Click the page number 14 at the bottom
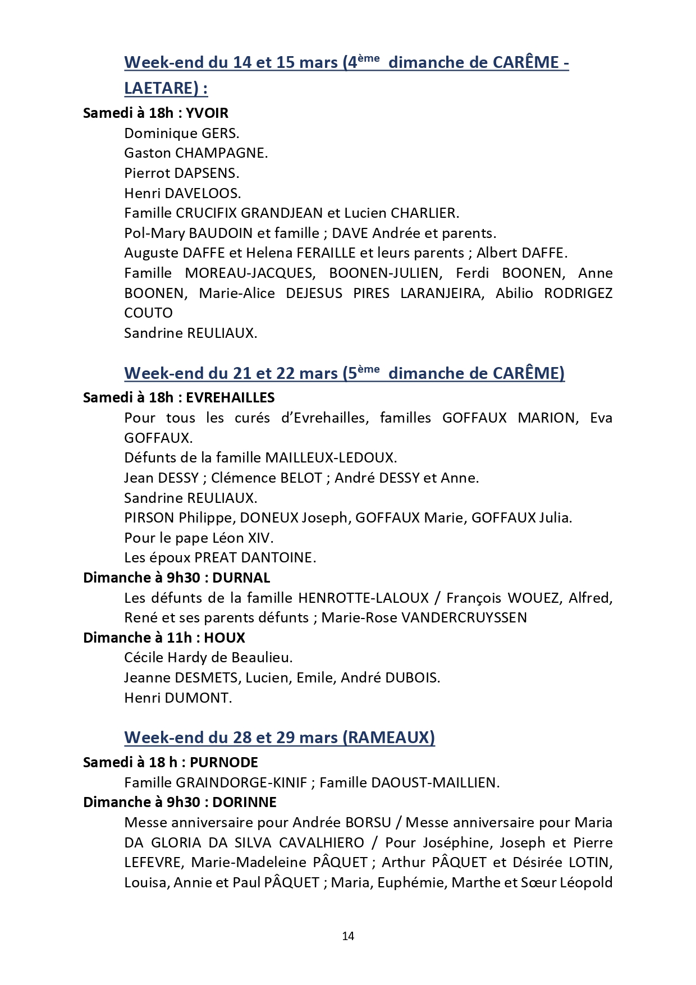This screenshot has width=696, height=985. [x=347, y=936]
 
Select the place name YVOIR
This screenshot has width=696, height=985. [x=207, y=113]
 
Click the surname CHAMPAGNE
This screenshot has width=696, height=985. [x=221, y=153]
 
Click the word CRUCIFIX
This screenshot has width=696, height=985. [x=206, y=213]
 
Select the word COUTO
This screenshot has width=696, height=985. [x=148, y=313]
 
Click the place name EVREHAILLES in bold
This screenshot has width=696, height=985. [x=230, y=398]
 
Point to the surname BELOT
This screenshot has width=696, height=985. [x=301, y=478]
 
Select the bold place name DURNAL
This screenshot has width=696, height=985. [x=241, y=578]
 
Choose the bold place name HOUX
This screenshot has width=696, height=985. [x=225, y=638]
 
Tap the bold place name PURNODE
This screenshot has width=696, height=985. [x=224, y=762]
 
